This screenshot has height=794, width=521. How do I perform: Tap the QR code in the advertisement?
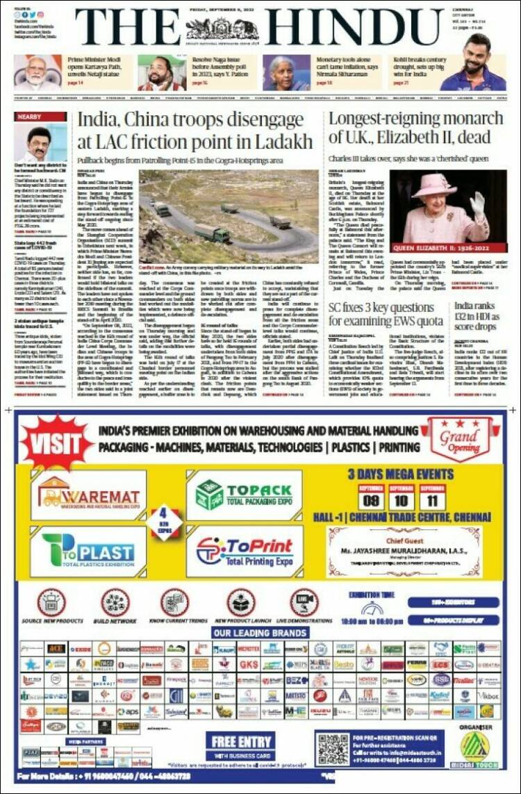tap(331, 750)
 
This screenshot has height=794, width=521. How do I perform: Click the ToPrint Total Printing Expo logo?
tap(236, 550)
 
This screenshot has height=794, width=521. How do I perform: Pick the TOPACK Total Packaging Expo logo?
tap(245, 495)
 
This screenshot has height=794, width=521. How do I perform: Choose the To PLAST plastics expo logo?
tap(88, 550)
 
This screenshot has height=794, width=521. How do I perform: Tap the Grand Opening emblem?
tap(458, 439)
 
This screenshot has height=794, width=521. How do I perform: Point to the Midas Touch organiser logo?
tap(474, 750)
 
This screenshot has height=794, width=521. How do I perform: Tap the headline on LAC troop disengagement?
tap(195, 130)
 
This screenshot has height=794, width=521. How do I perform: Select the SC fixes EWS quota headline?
tap(386, 315)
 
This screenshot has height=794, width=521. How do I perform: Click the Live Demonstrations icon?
tap(304, 602)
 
